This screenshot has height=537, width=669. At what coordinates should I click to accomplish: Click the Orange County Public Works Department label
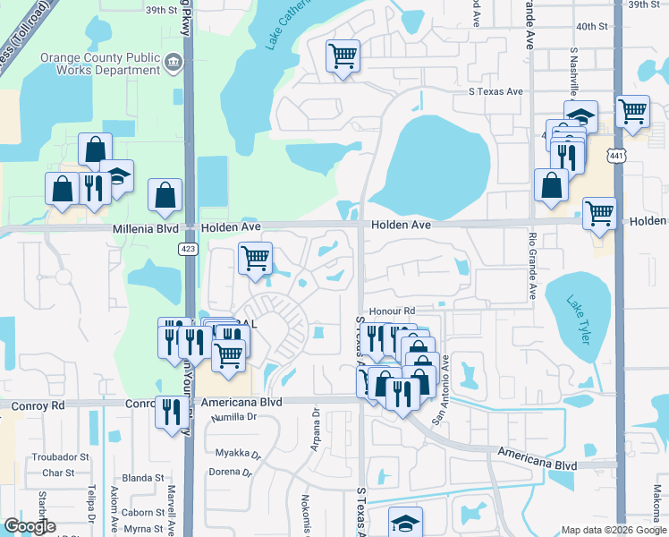click(x=100, y=64)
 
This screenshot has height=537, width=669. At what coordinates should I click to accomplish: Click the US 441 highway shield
click(x=615, y=156)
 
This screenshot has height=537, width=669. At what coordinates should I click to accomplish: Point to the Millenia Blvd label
click(x=145, y=229)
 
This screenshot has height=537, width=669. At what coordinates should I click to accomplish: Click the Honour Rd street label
click(x=393, y=311)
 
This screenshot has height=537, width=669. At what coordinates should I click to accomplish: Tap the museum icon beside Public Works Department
click(x=174, y=62)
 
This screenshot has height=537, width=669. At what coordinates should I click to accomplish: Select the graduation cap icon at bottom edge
click(x=404, y=522)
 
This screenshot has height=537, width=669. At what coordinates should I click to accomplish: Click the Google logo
click(x=30, y=526)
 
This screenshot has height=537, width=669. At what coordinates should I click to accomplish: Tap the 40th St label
click(x=592, y=27)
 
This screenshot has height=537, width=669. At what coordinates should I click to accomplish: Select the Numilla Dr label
click(x=233, y=417)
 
